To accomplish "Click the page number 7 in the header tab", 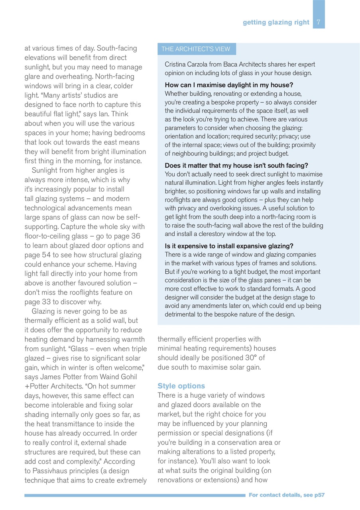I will coord(319,22).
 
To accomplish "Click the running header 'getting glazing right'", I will coord(276,22).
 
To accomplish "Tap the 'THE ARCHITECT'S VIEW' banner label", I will coord(196,49).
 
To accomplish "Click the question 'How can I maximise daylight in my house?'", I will coord(229,85).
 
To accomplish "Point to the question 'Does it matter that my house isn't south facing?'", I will coord(236,166).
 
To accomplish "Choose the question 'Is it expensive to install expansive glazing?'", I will coord(229,246).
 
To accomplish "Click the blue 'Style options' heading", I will coord(181,386).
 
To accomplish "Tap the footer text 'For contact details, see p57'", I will coord(286,495).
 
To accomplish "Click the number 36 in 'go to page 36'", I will coord(136,236).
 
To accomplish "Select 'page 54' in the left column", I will coord(39,255).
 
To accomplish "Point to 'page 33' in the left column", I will coord(39,302).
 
